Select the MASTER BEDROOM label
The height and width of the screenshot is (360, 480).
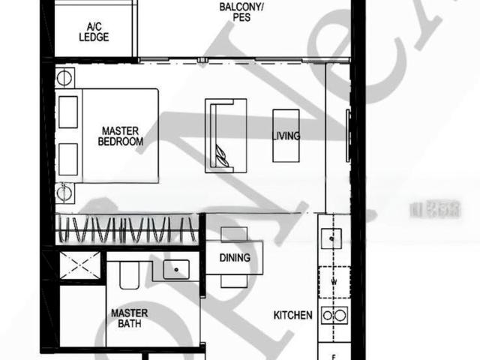[121, 136]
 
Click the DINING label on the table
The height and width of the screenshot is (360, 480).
[235, 258]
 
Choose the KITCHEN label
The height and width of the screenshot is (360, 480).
[292, 316]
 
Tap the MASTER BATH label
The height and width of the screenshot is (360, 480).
[128, 318]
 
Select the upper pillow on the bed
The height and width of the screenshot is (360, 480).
[69, 112]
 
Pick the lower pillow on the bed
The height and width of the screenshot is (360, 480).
[69, 158]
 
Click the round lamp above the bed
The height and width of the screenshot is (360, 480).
[64, 78]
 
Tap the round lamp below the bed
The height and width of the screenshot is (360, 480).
[64, 191]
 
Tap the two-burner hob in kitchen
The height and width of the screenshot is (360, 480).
[333, 316]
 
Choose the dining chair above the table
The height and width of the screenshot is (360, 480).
[234, 233]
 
